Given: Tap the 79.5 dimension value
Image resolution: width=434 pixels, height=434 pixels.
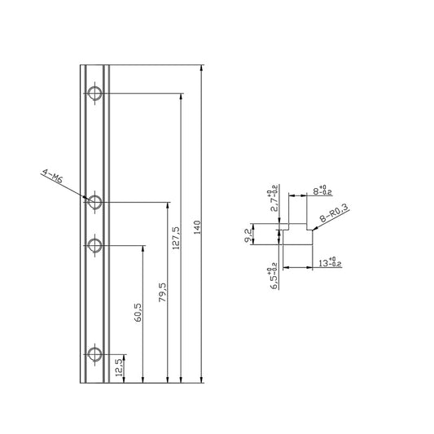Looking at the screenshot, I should coord(163,292).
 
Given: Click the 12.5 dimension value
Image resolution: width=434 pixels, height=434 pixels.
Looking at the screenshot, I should coord(119,367).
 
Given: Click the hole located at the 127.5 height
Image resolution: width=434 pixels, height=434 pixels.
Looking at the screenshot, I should coord(94,94).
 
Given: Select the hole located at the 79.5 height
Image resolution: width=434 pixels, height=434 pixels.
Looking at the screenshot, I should coord(94,201).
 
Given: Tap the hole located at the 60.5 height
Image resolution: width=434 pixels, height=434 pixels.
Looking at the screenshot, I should coord(94,244).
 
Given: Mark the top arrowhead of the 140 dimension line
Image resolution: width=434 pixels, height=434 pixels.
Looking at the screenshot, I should coord(201,67).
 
